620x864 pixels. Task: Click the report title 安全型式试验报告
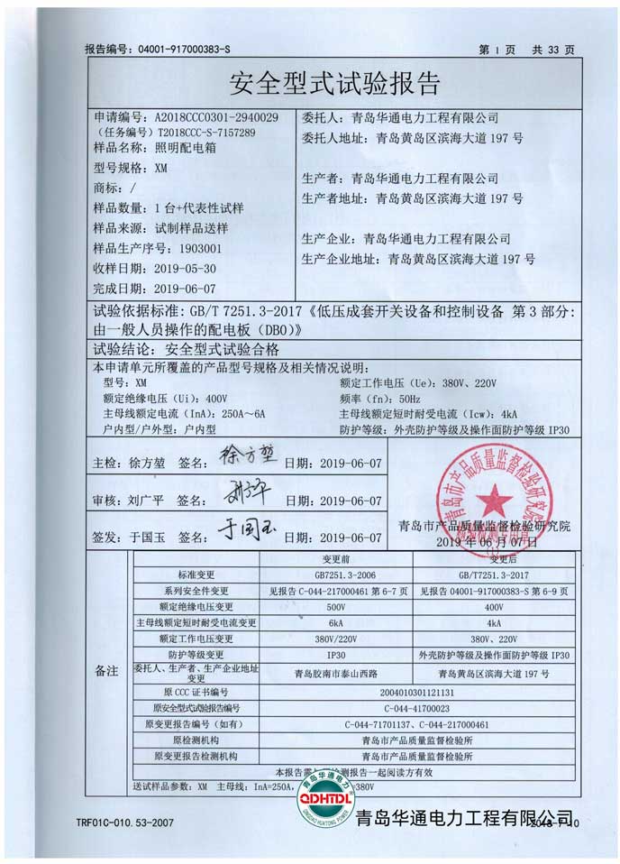tap(335, 84)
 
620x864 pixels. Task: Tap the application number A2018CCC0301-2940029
tap(216, 117)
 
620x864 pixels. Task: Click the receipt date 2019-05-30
tap(186, 269)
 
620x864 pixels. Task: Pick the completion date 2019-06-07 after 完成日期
tap(186, 290)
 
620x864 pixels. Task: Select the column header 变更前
tap(335, 559)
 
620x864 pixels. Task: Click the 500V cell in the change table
tap(335, 607)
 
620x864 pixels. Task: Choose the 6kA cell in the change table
tap(335, 623)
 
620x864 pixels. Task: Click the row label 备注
tap(106, 672)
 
